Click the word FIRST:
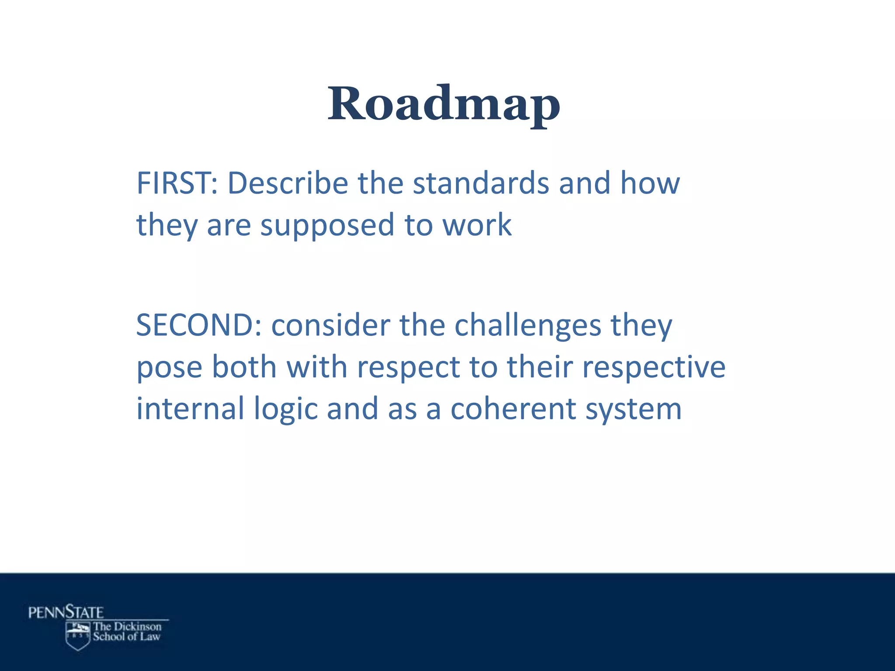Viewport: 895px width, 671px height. point(177,183)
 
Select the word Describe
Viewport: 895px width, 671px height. point(288,183)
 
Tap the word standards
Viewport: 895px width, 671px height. point(481,183)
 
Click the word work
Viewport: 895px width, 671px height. point(477,225)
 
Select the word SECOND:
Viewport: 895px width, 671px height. point(199,325)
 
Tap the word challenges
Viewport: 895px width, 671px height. point(528,325)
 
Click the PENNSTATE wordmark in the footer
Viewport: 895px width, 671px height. point(66,612)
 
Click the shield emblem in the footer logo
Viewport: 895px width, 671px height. point(78,636)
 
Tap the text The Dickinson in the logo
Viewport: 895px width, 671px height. point(127,626)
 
